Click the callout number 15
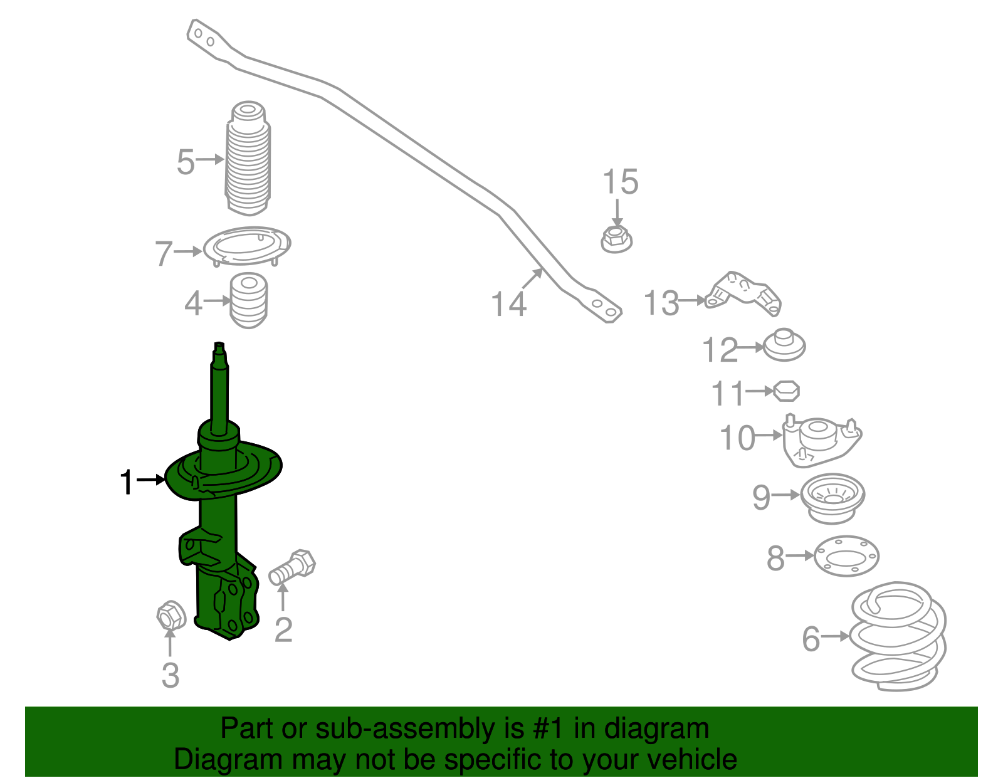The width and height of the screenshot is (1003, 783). pos(620,182)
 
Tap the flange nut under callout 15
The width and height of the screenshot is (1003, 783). pos(616,239)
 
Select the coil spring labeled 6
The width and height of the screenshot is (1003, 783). pos(898,636)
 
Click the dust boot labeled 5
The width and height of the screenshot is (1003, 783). pos(248,160)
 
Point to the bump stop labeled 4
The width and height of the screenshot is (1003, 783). pos(249,301)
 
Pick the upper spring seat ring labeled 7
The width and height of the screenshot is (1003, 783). pos(248,246)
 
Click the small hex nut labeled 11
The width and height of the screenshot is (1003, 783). pos(786,391)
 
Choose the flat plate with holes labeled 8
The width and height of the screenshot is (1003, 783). pos(846,556)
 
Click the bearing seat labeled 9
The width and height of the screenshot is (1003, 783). pos(833,498)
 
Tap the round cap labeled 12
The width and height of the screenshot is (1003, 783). pos(784,345)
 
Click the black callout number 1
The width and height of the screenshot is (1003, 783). pos(127,482)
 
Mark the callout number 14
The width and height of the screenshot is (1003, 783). pos(508,305)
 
